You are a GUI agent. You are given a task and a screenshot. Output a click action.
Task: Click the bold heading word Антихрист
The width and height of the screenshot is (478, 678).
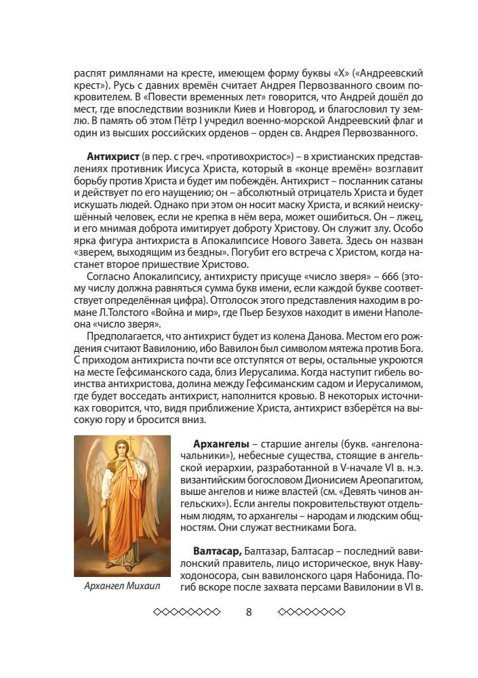click(x=109, y=157)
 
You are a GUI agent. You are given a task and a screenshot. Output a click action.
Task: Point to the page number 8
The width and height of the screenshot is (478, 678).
click(x=248, y=612)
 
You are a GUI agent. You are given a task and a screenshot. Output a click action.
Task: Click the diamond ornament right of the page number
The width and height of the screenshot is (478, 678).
click(x=312, y=612)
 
